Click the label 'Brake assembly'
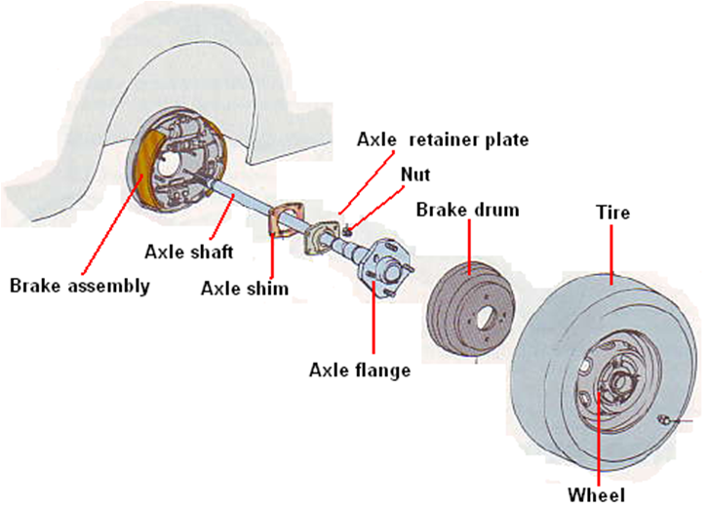80,286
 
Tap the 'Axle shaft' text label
188,253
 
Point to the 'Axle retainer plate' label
442,139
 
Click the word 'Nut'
415,175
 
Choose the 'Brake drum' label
467,209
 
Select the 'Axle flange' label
360,370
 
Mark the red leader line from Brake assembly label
113,224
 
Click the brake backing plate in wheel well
180,161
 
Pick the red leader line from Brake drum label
469,244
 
